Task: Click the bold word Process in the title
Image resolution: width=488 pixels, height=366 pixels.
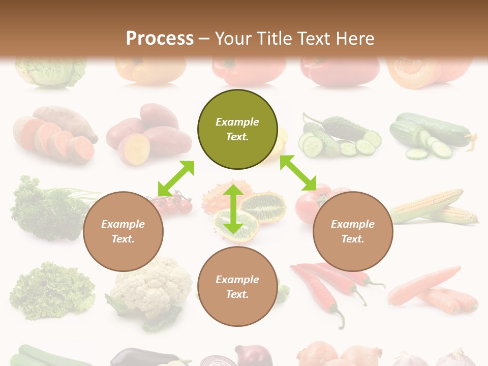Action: click(x=160, y=38)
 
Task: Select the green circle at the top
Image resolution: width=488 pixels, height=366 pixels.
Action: click(x=237, y=129)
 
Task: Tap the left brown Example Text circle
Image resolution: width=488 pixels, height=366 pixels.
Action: click(x=123, y=231)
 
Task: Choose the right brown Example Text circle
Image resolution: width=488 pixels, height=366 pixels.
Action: click(x=353, y=231)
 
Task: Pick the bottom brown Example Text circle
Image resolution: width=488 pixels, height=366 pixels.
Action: click(x=237, y=287)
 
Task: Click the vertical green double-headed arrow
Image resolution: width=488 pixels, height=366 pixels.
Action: click(x=233, y=209)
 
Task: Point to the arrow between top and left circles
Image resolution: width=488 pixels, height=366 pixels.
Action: click(x=176, y=178)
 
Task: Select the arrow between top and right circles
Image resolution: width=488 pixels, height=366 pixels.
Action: click(x=298, y=173)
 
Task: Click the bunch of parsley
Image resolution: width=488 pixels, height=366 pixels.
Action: click(x=46, y=208)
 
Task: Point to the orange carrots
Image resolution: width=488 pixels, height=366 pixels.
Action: click(x=435, y=290)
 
